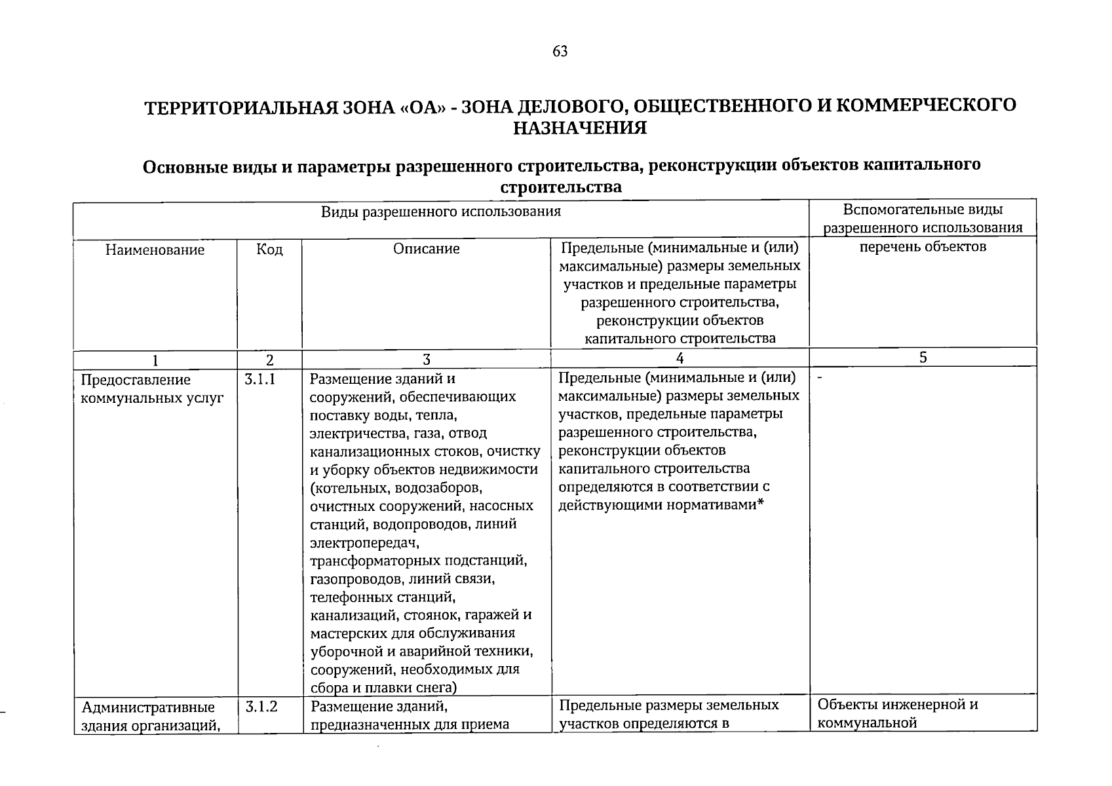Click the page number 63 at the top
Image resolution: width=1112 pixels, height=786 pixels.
tap(560, 52)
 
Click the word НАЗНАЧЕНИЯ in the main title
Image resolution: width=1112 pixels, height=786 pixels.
tap(579, 128)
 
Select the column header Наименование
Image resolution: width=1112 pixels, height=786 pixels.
tap(155, 250)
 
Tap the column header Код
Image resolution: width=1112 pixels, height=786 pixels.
tap(269, 250)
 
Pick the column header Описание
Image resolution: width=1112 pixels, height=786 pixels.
tap(426, 249)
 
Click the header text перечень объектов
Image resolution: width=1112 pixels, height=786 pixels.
tap(923, 247)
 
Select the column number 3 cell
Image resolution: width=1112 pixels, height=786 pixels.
tap(426, 360)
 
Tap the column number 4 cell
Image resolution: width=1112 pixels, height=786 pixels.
tap(680, 358)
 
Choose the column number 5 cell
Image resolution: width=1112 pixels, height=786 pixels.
tap(923, 357)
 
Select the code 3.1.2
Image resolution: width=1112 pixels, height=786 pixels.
tap(261, 706)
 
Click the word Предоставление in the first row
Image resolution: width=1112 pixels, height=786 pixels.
tap(136, 380)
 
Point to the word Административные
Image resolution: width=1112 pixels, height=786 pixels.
tap(148, 707)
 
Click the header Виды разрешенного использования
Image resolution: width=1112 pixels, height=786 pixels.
tap(440, 212)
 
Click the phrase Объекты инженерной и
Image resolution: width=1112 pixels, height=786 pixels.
tap(897, 705)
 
